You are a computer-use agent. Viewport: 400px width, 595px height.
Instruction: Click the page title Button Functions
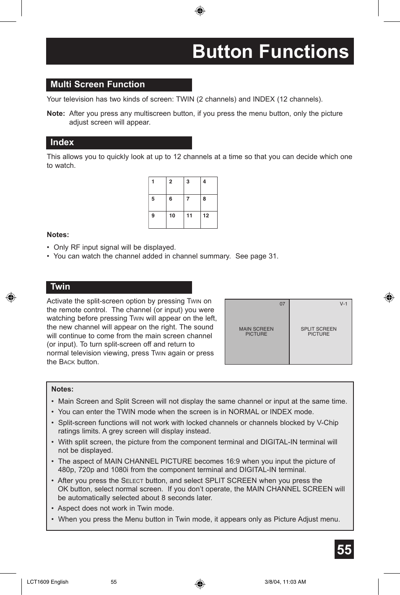[270, 52]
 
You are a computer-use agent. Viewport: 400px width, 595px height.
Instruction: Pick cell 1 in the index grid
[157, 185]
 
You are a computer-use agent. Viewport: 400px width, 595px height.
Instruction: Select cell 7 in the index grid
[192, 203]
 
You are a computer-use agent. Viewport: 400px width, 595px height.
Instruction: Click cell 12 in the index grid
[209, 219]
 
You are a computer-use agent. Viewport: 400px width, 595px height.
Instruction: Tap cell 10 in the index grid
[175, 219]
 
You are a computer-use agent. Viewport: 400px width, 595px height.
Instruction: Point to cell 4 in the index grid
[209, 185]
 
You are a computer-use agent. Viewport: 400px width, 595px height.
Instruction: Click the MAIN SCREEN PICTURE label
[256, 331]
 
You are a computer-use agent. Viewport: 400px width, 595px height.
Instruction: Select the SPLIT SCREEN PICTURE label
[319, 331]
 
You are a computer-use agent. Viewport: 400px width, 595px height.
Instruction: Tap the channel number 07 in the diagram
[282, 304]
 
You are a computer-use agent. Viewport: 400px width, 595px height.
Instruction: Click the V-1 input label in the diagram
[343, 304]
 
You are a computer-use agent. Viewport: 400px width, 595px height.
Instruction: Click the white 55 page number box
[344, 550]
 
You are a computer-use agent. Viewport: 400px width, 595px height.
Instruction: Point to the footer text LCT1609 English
[47, 582]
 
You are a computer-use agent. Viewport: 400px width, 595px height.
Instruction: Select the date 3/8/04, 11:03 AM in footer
[285, 582]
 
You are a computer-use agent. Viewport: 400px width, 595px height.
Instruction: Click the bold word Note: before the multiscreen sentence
[56, 114]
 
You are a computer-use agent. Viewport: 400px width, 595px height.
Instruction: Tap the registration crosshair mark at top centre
[200, 11]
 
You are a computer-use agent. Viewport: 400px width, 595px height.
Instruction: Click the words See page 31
[257, 256]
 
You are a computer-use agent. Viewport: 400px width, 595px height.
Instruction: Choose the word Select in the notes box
[132, 481]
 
